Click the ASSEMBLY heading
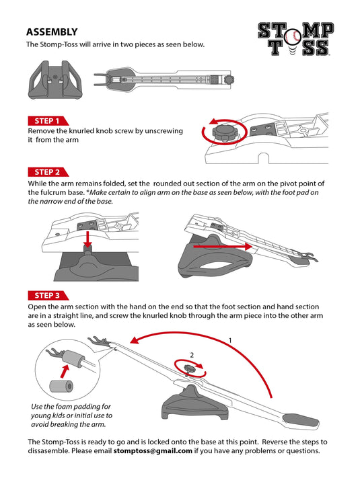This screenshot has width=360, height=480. click(x=52, y=32)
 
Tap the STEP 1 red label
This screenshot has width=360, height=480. click(x=48, y=121)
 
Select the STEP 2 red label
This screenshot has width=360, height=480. click(x=48, y=172)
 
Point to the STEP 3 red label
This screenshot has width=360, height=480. click(x=48, y=295)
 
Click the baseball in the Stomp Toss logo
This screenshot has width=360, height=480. click(x=292, y=37)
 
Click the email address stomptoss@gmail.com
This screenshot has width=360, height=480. click(x=153, y=450)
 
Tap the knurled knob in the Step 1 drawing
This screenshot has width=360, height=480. click(x=225, y=132)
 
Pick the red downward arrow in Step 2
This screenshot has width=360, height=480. click(x=87, y=239)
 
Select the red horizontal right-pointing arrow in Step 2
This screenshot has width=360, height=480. click(x=223, y=246)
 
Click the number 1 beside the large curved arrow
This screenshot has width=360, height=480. click(x=230, y=340)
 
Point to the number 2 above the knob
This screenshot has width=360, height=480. click(x=192, y=355)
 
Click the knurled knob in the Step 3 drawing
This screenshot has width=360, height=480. click(x=190, y=368)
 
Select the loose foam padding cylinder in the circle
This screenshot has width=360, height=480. click(x=61, y=386)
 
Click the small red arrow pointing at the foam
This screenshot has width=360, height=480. click(x=65, y=371)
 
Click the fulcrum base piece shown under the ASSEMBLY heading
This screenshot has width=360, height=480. click(x=55, y=80)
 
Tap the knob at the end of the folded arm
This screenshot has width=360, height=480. click(x=229, y=79)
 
